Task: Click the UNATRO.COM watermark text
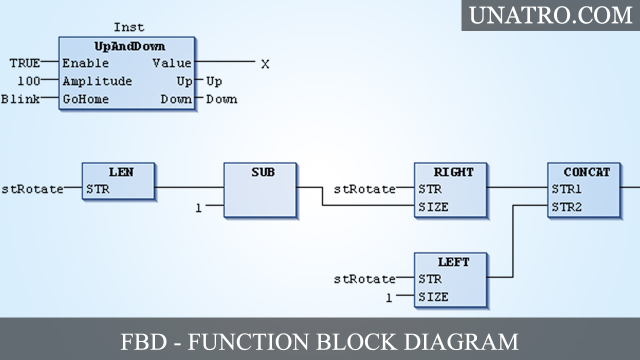click(550, 15)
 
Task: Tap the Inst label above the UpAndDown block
click(128, 27)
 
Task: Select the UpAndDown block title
click(129, 46)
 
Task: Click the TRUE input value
click(24, 63)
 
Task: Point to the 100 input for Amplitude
click(29, 81)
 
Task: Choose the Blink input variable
click(20, 99)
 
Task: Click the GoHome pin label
click(85, 99)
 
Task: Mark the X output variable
click(265, 64)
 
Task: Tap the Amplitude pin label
click(97, 81)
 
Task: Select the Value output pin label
click(171, 63)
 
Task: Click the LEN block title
click(121, 172)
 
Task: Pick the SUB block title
click(262, 172)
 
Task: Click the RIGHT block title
click(453, 172)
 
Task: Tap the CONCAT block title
click(586, 172)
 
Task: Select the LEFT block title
click(453, 262)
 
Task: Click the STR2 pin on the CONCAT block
click(566, 207)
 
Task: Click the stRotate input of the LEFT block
click(364, 279)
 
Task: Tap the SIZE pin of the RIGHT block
click(433, 207)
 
